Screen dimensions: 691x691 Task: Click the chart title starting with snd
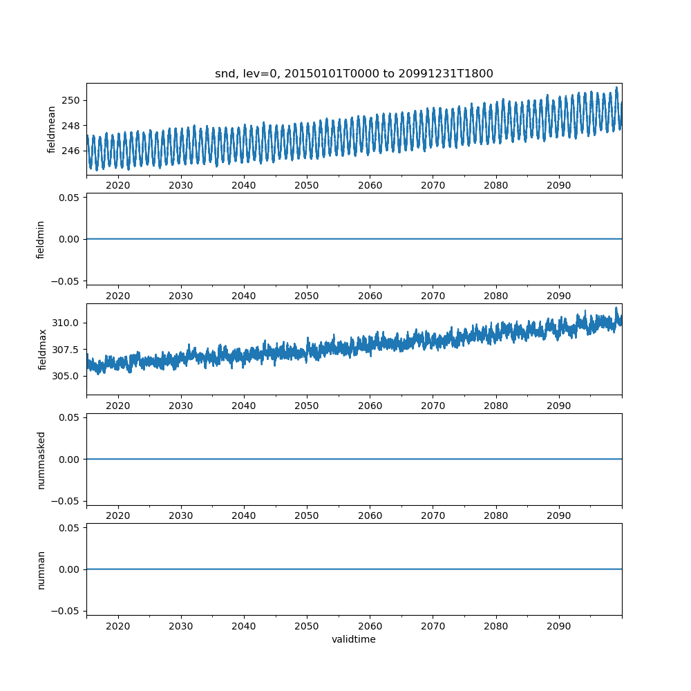tap(354, 74)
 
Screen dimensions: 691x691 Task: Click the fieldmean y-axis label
tap(51, 129)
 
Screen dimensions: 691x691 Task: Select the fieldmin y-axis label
tap(41, 239)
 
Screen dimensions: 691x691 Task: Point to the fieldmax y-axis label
tap(42, 349)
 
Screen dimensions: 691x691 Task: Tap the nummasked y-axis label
tap(41, 460)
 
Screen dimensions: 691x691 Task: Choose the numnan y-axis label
tap(41, 569)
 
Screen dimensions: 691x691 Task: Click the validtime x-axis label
tap(354, 639)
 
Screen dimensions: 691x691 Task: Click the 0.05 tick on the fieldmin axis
tap(70, 198)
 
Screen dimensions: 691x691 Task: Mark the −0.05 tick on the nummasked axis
tap(67, 500)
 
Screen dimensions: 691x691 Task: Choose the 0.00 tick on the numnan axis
tap(70, 569)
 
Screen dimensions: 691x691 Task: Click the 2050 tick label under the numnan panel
tap(307, 626)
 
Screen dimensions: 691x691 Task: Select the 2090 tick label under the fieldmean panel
tap(559, 186)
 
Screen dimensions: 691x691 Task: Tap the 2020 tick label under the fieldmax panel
tap(118, 406)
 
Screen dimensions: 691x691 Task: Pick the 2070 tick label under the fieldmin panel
tap(433, 296)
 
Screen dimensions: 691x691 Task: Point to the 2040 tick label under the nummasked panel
tap(244, 516)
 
